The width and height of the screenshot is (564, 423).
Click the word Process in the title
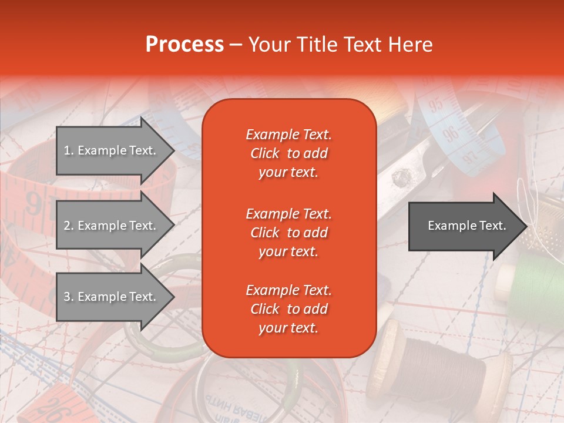coord(184,45)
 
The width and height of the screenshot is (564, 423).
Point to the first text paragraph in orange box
coord(288,153)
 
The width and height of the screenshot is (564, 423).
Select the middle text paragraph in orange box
coord(288,233)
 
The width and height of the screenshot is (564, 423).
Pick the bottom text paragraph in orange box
coord(288,309)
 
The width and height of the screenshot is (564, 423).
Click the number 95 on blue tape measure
coord(436,106)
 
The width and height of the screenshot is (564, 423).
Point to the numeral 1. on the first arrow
coord(68,150)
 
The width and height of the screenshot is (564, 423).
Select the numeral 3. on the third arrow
coord(68,297)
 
